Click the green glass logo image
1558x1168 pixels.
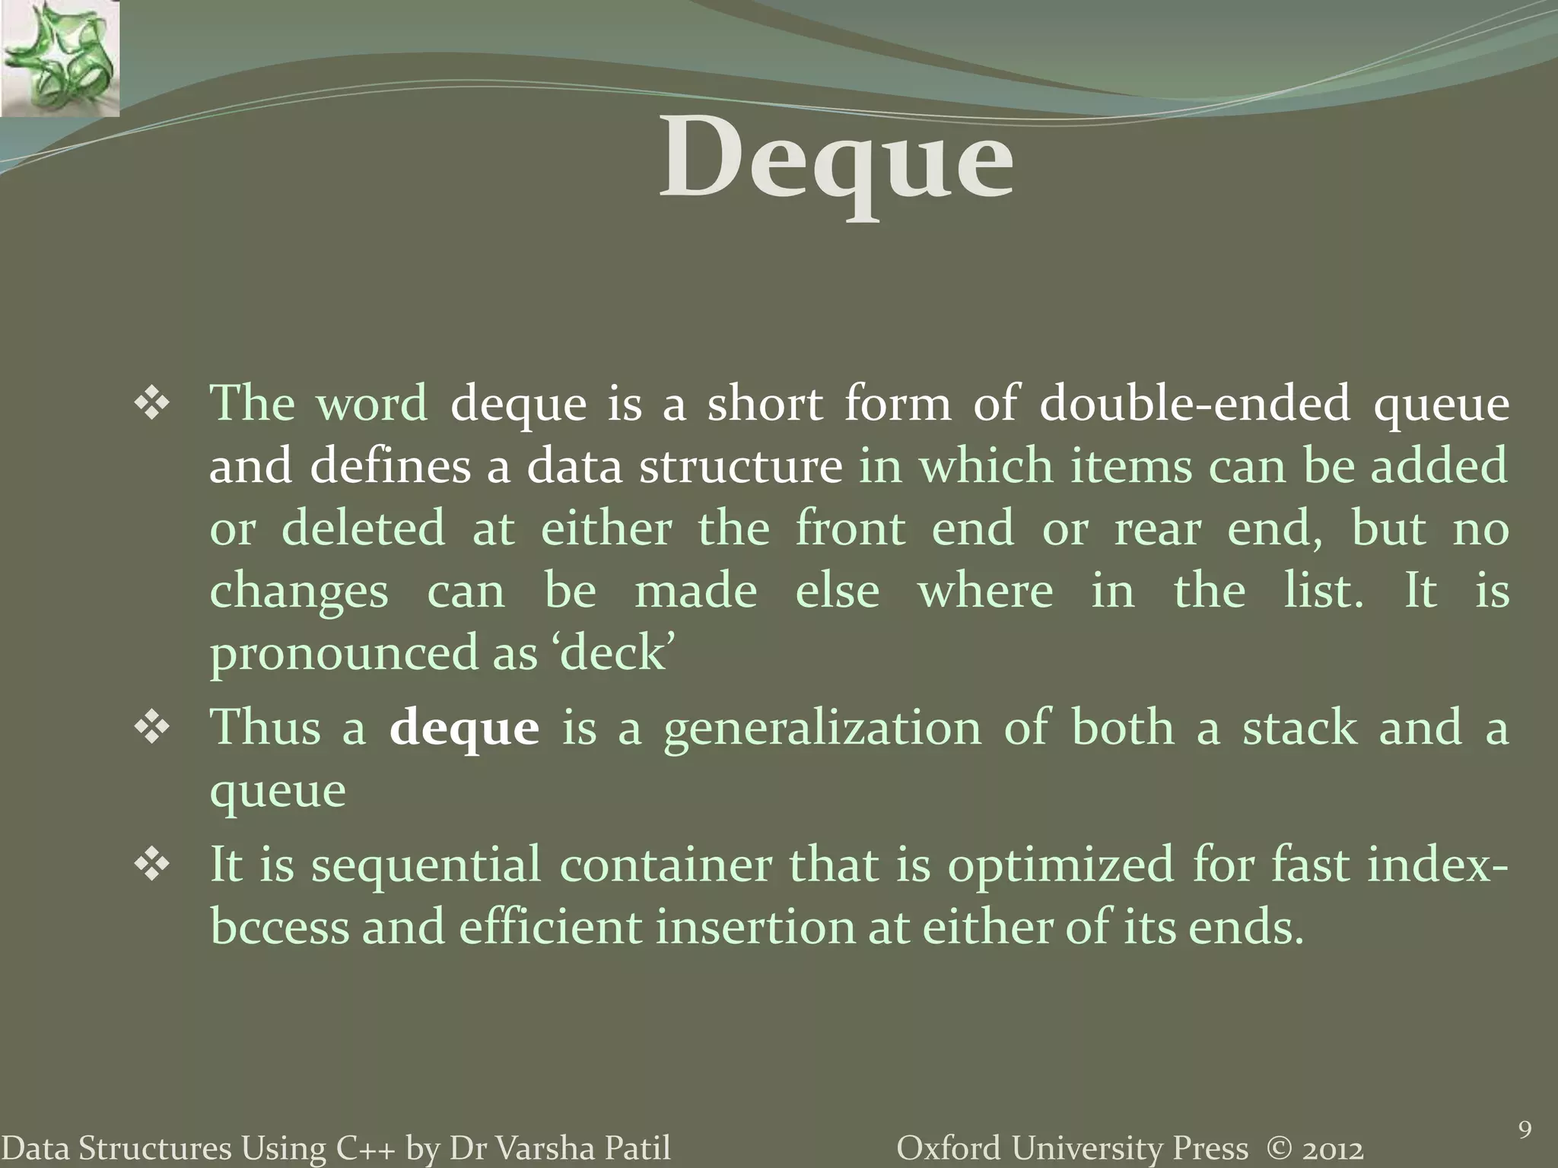click(59, 58)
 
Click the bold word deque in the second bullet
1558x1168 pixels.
click(464, 728)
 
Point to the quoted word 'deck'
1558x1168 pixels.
click(617, 652)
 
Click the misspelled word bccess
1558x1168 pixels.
click(278, 928)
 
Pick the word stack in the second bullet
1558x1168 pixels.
click(1299, 728)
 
